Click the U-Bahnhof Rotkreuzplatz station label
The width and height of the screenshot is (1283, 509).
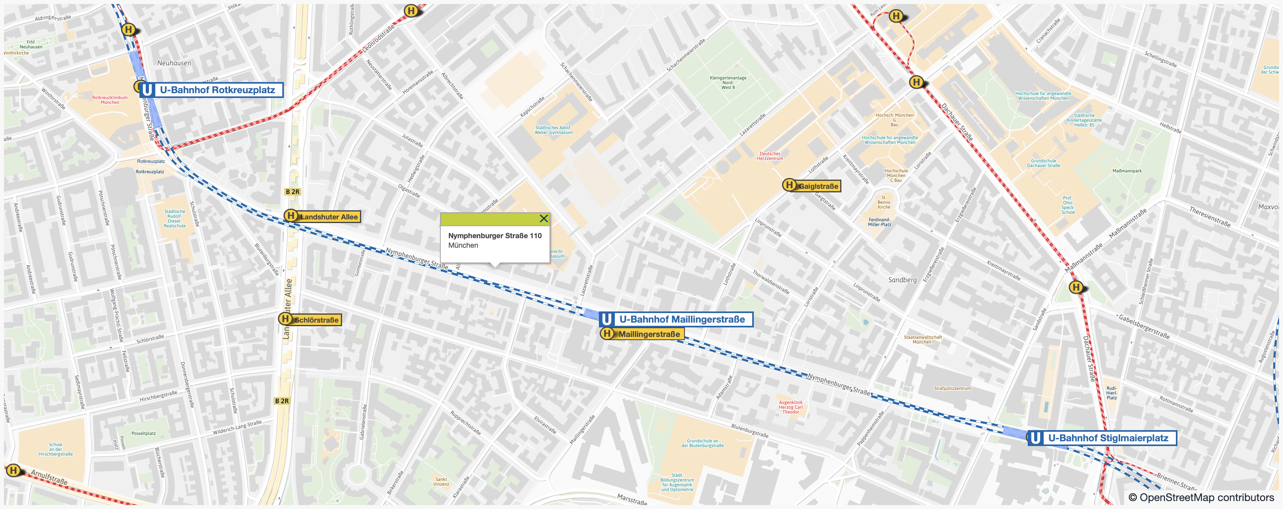(x=217, y=90)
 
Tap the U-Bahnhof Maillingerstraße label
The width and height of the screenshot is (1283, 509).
(x=681, y=319)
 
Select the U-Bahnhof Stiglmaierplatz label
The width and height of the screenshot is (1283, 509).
(x=1108, y=438)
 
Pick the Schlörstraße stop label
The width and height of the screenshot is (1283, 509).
(x=316, y=320)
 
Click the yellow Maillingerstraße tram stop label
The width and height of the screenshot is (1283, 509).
(x=649, y=334)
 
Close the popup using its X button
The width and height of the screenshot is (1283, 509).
(x=544, y=219)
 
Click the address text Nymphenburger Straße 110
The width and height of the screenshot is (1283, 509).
(x=494, y=235)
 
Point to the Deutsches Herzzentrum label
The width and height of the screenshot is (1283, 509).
(x=769, y=156)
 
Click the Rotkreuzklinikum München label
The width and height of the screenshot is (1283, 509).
(x=110, y=100)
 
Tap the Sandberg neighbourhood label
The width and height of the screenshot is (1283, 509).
(x=902, y=280)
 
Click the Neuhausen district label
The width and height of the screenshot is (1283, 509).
(x=174, y=63)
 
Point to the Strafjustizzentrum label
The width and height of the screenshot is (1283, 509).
(x=952, y=388)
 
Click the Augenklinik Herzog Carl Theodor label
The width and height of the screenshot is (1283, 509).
(x=790, y=407)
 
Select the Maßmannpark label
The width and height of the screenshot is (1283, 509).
(x=1127, y=171)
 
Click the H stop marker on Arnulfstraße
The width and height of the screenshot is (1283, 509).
(x=14, y=470)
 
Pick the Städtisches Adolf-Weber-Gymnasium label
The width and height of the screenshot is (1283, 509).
(x=553, y=130)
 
